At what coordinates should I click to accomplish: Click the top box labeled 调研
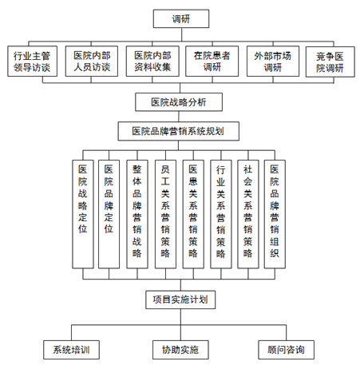pyautogui.click(x=181, y=18)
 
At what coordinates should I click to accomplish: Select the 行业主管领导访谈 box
pyautogui.click(x=32, y=62)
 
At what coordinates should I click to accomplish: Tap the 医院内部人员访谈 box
pyautogui.click(x=92, y=62)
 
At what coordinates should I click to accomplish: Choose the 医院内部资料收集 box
pyautogui.click(x=152, y=62)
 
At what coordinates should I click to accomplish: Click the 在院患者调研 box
pyautogui.click(x=212, y=62)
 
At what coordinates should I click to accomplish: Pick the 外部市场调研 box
pyautogui.click(x=273, y=62)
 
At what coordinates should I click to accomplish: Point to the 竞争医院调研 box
pyautogui.click(x=330, y=62)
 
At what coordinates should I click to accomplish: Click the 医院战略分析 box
pyautogui.click(x=179, y=102)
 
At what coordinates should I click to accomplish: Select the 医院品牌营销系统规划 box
pyautogui.click(x=179, y=131)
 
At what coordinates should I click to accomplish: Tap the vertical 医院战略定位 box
pyautogui.click(x=83, y=214)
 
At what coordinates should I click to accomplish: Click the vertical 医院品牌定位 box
pyautogui.click(x=109, y=214)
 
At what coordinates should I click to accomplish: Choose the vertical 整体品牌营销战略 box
pyautogui.click(x=137, y=214)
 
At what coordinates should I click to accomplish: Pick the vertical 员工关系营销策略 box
pyautogui.click(x=165, y=214)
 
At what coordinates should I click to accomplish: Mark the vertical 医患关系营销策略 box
pyautogui.click(x=193, y=214)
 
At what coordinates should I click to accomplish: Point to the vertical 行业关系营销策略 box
pyautogui.click(x=221, y=214)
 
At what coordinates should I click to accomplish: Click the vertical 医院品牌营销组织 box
pyautogui.click(x=275, y=214)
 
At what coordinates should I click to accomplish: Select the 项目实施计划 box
pyautogui.click(x=180, y=300)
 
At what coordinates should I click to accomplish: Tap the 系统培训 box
pyautogui.click(x=71, y=350)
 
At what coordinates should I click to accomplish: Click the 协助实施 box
pyautogui.click(x=180, y=350)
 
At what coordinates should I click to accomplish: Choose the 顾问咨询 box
pyautogui.click(x=286, y=350)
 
